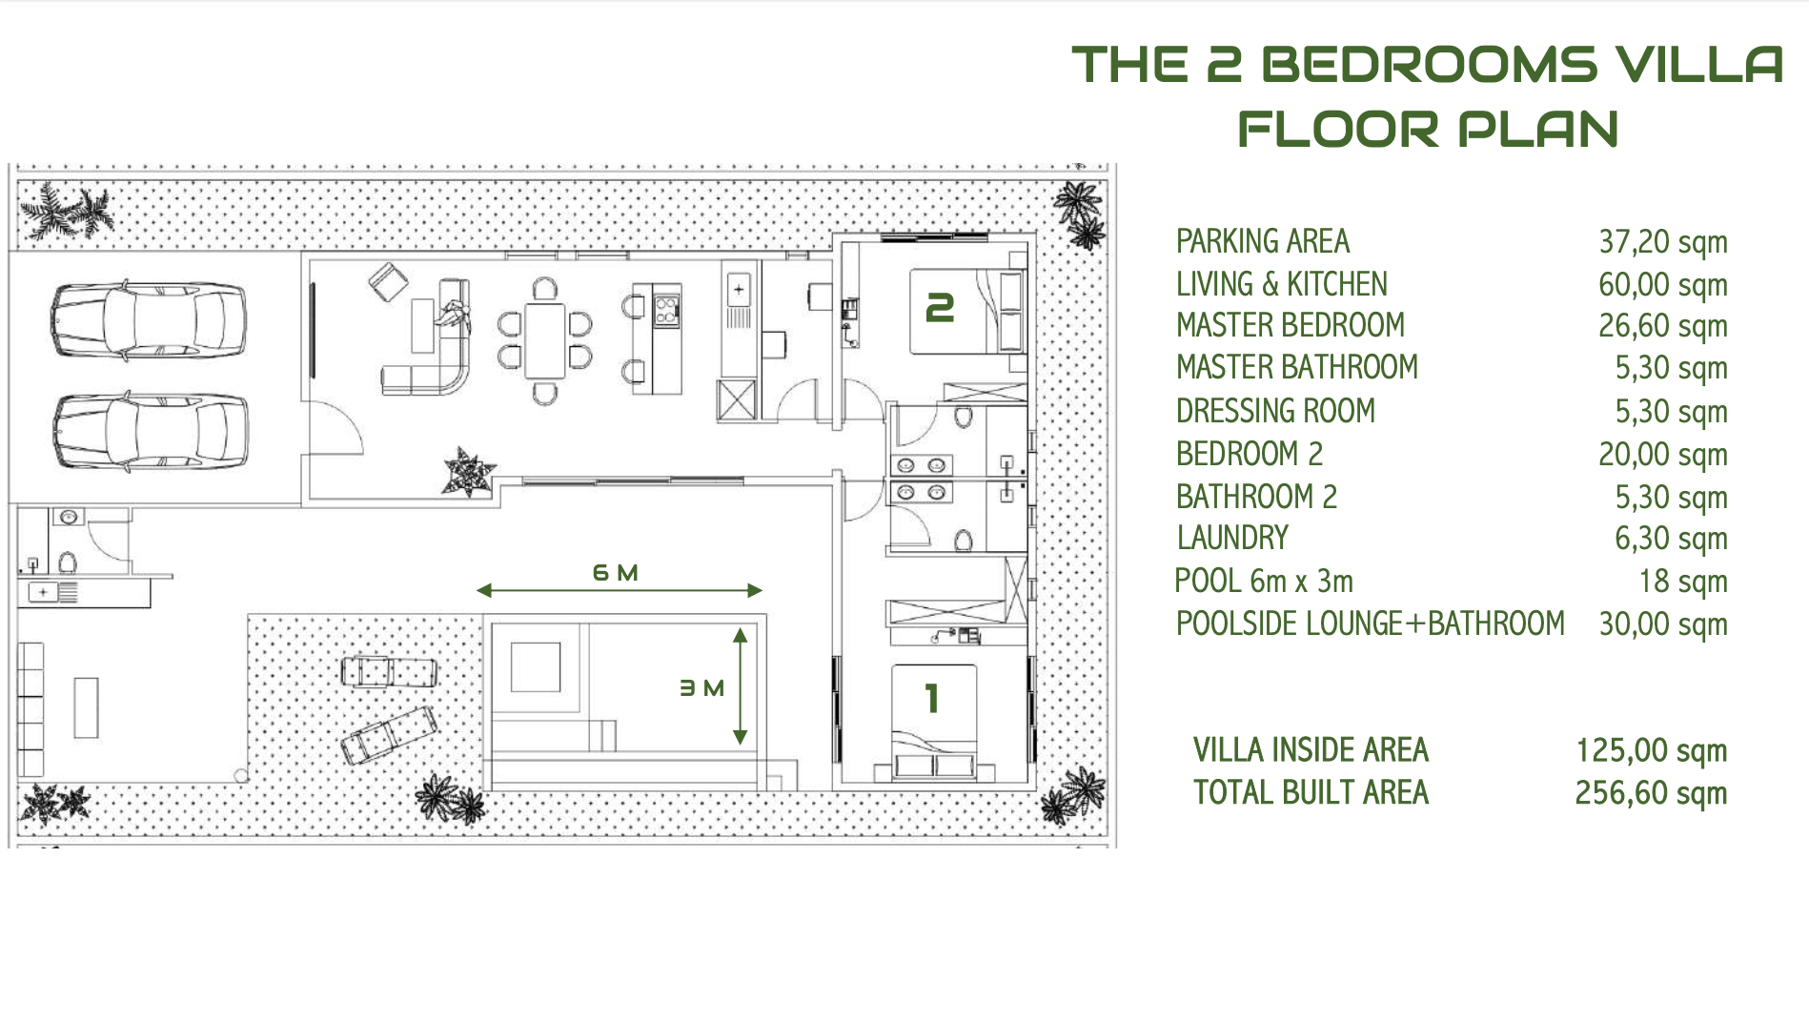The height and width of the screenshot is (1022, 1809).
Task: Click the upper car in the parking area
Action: click(149, 320)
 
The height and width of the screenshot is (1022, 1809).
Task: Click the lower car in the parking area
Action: click(151, 432)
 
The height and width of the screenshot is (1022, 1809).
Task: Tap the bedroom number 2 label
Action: click(940, 308)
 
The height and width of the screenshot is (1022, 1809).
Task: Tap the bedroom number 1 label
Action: click(932, 699)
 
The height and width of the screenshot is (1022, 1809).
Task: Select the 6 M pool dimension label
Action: click(615, 573)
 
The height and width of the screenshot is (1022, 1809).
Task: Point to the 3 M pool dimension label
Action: click(701, 687)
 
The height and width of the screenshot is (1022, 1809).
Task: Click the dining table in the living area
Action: click(545, 340)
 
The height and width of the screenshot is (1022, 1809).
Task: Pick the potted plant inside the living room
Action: click(467, 472)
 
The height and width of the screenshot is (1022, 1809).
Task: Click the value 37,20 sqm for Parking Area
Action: click(1662, 242)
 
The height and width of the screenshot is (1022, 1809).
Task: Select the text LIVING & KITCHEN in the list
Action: click(1281, 284)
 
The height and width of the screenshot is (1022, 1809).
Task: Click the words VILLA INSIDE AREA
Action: click(1311, 750)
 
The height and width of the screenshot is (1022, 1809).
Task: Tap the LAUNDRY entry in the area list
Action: click(1231, 538)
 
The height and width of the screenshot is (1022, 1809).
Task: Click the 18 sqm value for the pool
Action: click(1682, 581)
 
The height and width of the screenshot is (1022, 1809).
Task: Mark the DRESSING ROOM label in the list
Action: click(1275, 411)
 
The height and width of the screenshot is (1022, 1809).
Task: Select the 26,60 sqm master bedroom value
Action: click(1662, 326)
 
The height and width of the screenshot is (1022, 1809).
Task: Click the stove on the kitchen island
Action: click(666, 309)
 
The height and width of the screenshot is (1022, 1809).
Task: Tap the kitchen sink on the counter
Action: click(739, 289)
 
